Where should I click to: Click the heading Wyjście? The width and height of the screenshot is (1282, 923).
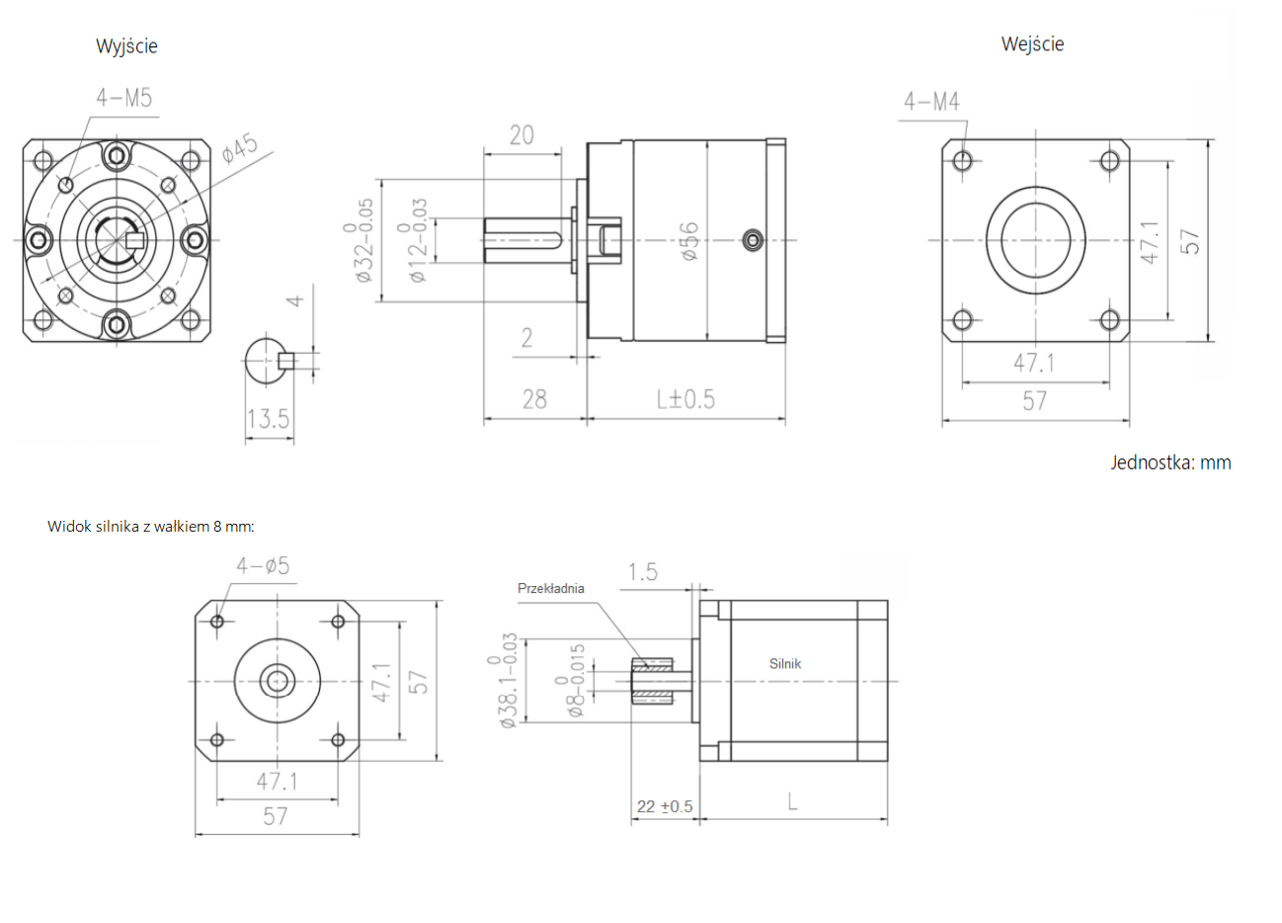[x=126, y=45]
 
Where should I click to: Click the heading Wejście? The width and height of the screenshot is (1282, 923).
[x=1032, y=43]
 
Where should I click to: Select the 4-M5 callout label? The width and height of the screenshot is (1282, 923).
[x=123, y=97]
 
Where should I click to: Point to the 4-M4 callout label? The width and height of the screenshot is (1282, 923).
[x=930, y=101]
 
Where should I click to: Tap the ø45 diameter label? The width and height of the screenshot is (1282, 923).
[x=240, y=148]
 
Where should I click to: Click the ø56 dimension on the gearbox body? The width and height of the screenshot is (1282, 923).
[x=688, y=240]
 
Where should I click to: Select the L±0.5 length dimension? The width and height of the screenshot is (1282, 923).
[x=685, y=398]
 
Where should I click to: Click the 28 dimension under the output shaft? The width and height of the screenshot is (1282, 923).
[x=534, y=398]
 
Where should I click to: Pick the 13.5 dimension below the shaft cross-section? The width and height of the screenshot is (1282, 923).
[x=268, y=418]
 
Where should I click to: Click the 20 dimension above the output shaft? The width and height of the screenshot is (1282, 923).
[x=521, y=134]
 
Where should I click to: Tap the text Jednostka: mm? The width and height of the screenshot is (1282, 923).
[x=1170, y=462]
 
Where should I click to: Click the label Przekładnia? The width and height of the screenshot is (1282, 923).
[x=550, y=588]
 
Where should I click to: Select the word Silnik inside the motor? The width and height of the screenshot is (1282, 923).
[x=785, y=663]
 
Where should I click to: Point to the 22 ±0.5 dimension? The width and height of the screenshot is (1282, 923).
[x=664, y=806]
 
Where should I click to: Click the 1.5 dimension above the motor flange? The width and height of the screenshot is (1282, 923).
[x=642, y=572]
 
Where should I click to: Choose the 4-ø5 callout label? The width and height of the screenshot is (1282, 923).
[x=263, y=565]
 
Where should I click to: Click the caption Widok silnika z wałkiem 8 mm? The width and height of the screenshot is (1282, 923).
[x=150, y=526]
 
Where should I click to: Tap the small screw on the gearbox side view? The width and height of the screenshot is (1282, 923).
[x=753, y=239]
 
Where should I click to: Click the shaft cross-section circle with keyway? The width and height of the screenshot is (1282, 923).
[x=267, y=361]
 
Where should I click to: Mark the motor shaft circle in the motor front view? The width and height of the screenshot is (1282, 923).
[x=277, y=680]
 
